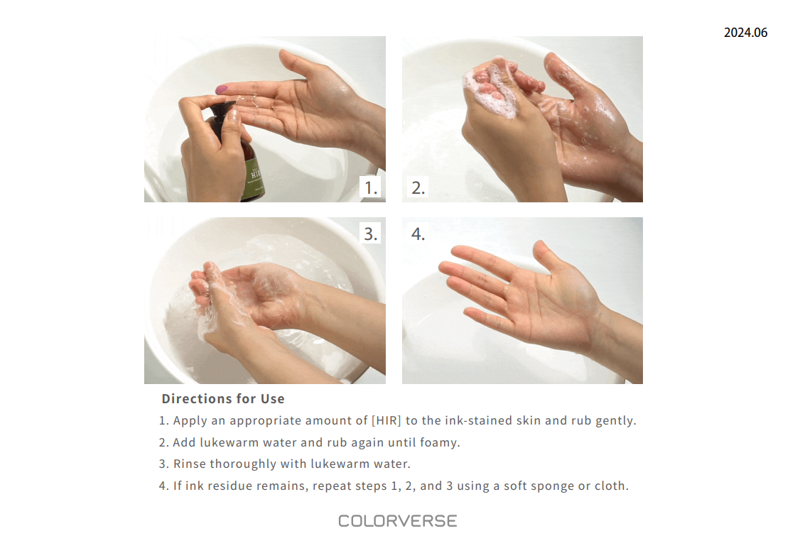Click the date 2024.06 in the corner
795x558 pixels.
coord(745,33)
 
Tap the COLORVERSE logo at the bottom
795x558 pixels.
coord(397,521)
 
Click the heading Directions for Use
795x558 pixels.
coord(223,399)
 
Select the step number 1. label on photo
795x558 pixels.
coord(370,187)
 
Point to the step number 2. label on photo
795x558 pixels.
coord(418,187)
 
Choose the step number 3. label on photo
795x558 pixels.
coord(370,234)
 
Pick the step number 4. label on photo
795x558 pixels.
coord(418,234)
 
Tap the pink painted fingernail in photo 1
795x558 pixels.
coord(222,89)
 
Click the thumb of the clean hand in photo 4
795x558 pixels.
coord(546,258)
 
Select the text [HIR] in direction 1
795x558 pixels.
coord(386,421)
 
